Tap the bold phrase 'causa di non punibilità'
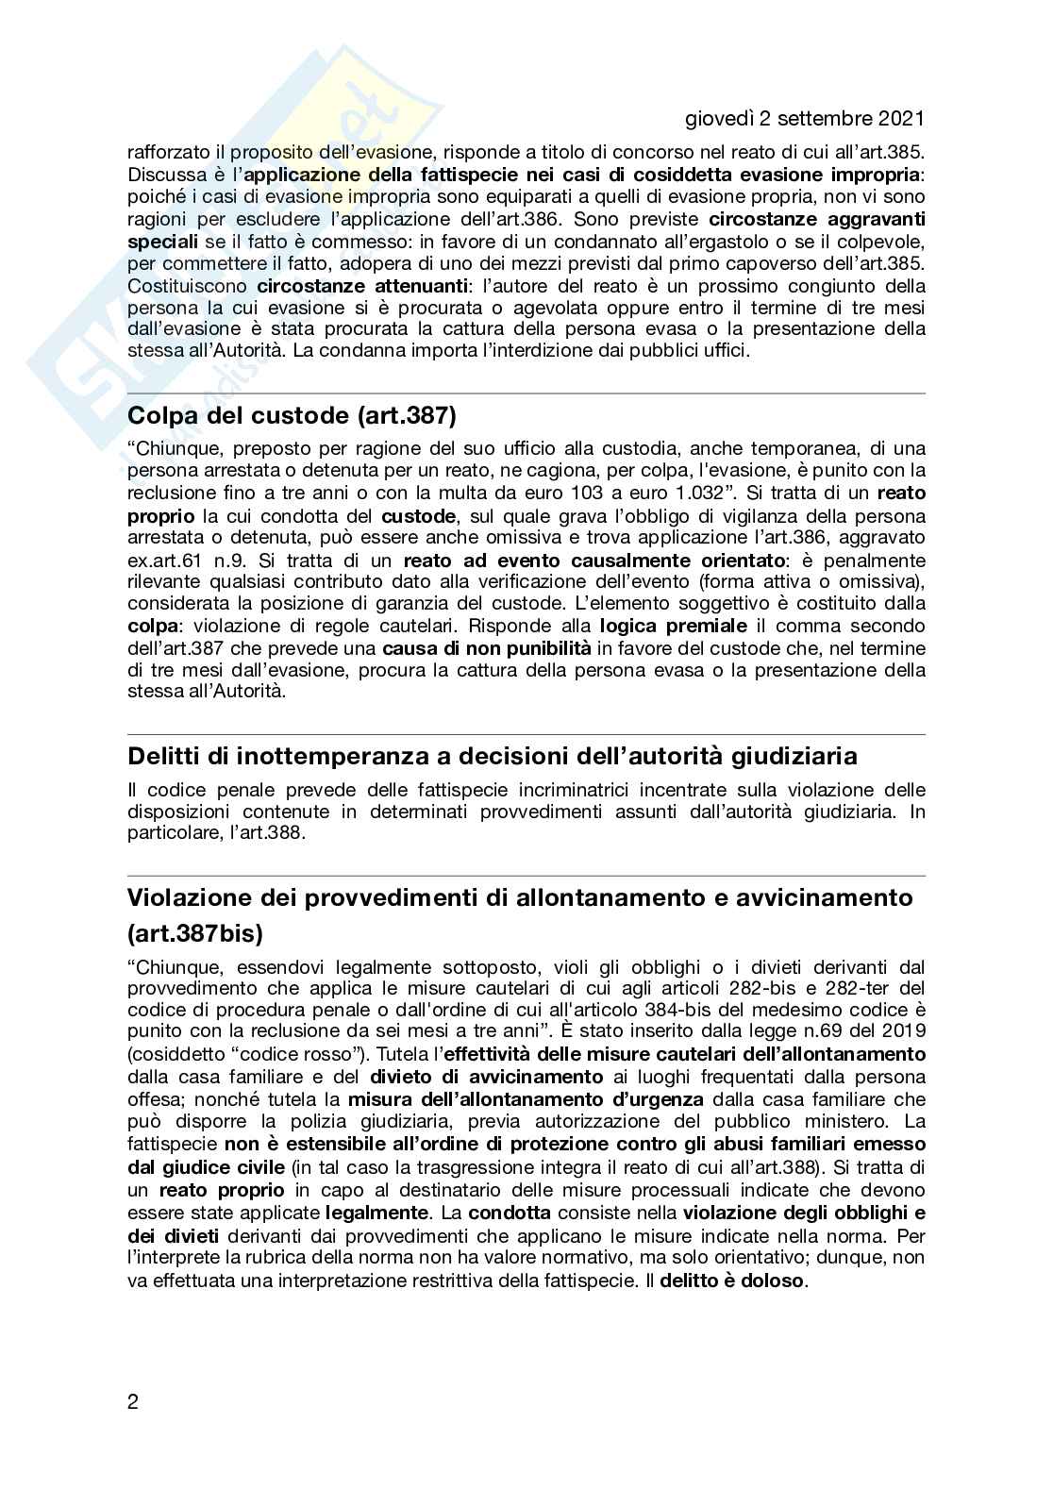pyautogui.click(x=486, y=648)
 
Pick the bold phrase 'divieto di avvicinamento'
pyautogui.click(x=486, y=1077)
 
